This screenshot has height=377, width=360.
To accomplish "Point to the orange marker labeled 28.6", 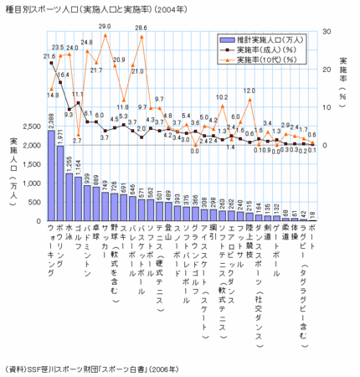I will pos(141,37).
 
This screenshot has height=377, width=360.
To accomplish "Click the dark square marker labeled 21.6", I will pos(51,63).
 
